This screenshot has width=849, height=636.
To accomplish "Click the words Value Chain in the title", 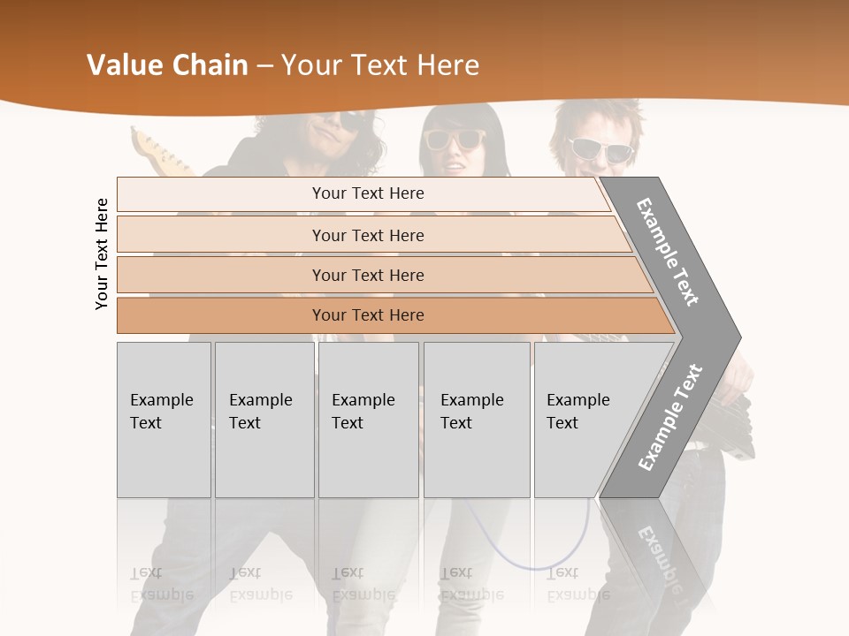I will [x=167, y=65].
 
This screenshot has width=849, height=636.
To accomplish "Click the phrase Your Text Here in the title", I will [x=380, y=65].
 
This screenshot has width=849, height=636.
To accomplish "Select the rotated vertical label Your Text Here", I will [x=103, y=254].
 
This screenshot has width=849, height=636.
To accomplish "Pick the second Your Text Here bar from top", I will [x=368, y=235].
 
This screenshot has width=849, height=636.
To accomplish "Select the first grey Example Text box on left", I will [x=164, y=420].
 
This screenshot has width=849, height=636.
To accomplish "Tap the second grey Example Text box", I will [x=264, y=420].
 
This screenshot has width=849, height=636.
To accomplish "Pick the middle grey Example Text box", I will [x=368, y=420].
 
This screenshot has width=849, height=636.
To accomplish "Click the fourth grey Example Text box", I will [x=477, y=420].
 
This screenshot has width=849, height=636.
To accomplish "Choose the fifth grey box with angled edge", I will [x=584, y=420].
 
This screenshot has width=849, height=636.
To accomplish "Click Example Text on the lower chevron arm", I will [x=670, y=417].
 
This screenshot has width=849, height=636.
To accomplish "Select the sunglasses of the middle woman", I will [x=455, y=139].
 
